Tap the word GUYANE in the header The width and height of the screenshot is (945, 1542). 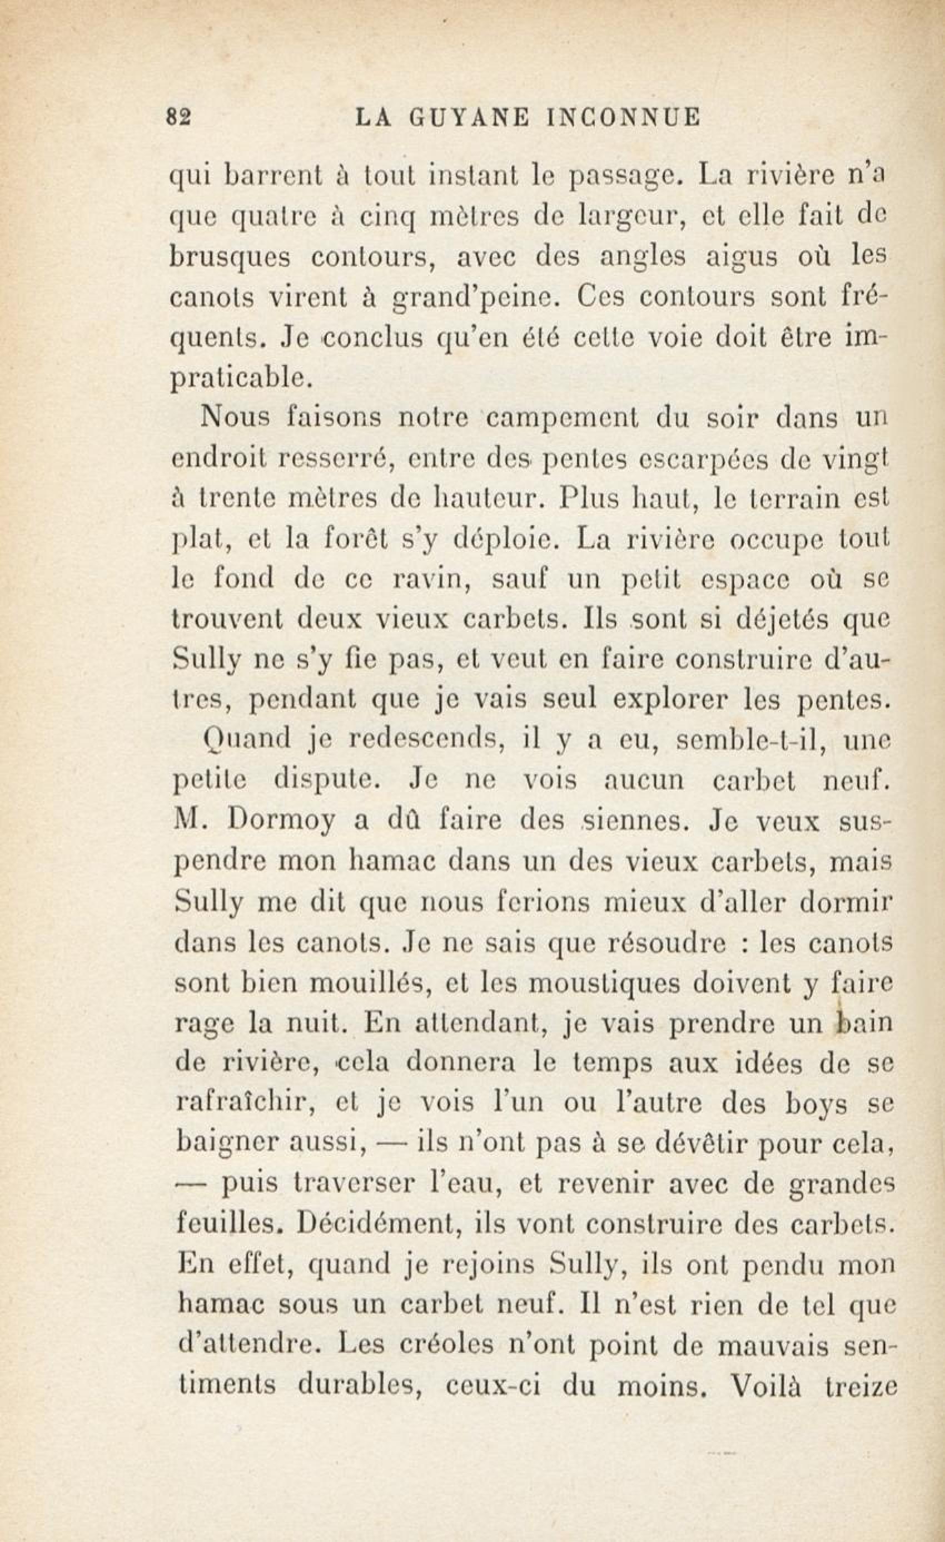[471, 118]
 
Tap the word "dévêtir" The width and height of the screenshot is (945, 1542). [705, 1143]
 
